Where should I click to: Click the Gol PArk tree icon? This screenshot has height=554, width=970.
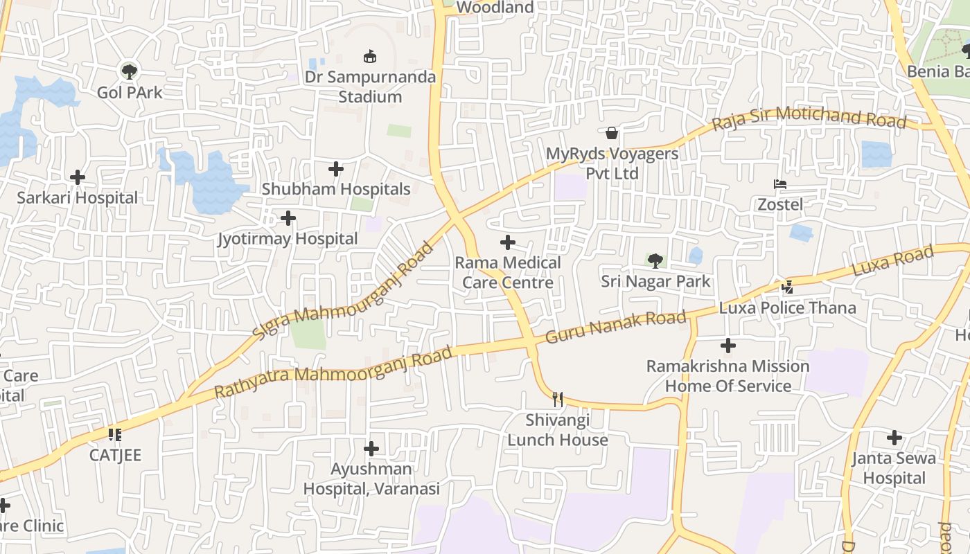[x=129, y=71]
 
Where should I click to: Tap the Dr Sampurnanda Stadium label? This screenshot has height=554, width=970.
[x=371, y=87]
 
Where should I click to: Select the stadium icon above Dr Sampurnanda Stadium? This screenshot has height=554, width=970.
[x=371, y=57]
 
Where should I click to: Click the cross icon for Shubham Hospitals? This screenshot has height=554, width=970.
[x=336, y=169]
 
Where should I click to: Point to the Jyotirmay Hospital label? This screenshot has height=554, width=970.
[x=288, y=239]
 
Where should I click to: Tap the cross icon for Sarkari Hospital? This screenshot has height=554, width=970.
[x=78, y=177]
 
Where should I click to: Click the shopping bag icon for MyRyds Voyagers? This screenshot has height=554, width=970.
[x=612, y=133]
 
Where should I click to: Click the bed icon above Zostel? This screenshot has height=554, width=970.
[x=780, y=184]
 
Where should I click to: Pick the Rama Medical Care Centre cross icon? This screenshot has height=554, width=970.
[x=508, y=242]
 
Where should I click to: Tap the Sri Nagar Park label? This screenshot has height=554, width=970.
[x=655, y=281]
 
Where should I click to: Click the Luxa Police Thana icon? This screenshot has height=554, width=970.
[x=787, y=287]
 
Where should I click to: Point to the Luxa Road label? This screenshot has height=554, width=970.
[x=892, y=262]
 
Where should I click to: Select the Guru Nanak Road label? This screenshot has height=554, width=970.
[x=616, y=328]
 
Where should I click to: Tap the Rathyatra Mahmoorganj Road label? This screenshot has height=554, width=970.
[x=333, y=373]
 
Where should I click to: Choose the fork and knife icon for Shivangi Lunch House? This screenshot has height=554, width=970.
[x=558, y=399]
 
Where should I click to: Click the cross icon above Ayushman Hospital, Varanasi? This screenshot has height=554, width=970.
[x=371, y=449]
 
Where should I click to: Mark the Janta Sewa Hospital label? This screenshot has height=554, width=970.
[x=893, y=468]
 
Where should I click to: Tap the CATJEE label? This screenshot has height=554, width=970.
[x=115, y=455]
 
